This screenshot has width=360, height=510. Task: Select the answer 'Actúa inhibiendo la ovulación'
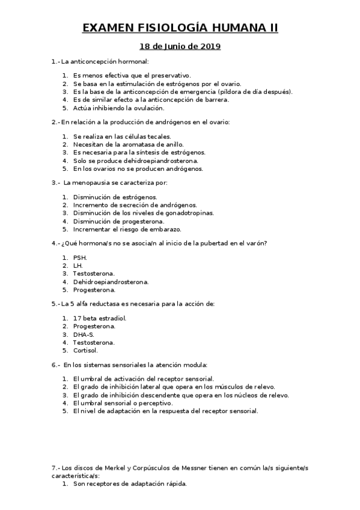[118, 108]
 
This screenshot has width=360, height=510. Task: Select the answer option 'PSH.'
[80, 257]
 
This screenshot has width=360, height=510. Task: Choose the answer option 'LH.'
[78, 265]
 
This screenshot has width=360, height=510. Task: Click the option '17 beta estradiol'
[100, 318]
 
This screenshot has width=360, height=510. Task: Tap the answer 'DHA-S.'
[84, 334]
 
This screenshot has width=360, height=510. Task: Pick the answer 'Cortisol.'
[85, 350]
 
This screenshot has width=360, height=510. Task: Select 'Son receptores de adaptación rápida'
[130, 484]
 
